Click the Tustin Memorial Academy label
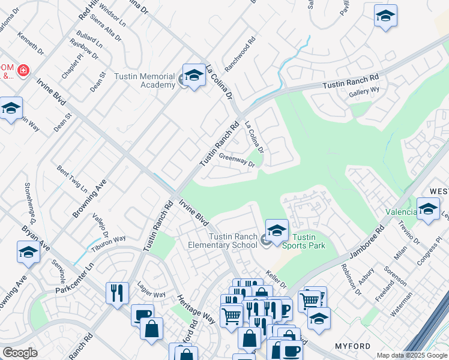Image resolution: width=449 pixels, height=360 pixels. [149, 80]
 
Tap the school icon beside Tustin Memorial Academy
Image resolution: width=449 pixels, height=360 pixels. [194, 76]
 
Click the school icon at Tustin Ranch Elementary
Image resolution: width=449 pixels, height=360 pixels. [277, 230]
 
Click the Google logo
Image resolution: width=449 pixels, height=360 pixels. [20, 353]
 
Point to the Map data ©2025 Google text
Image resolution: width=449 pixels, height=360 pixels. [411, 355]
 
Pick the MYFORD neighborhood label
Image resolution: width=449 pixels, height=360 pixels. [352, 346]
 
